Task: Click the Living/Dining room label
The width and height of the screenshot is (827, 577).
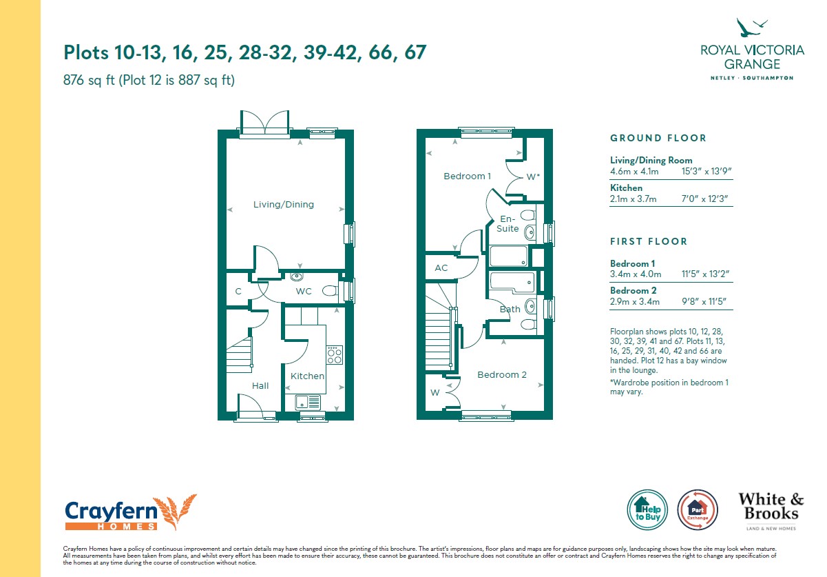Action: click(284, 205)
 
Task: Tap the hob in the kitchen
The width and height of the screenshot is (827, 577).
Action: click(334, 355)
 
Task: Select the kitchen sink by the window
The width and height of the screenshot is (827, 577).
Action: click(308, 402)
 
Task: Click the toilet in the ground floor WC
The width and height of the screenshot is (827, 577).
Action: click(330, 291)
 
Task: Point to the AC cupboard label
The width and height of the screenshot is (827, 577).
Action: click(441, 267)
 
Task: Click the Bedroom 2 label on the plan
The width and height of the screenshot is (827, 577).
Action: click(502, 375)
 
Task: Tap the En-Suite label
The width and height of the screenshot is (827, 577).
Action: click(507, 223)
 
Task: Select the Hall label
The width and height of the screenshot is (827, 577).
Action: click(260, 386)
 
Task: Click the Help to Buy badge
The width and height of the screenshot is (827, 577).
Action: click(647, 509)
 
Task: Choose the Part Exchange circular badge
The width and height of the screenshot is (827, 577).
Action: click(698, 509)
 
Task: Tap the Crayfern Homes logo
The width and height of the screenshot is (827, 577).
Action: click(130, 513)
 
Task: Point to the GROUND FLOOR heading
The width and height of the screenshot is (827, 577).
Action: click(658, 139)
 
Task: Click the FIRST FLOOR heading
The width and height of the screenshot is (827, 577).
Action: click(648, 242)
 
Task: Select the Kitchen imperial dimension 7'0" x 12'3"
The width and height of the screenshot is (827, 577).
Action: click(704, 199)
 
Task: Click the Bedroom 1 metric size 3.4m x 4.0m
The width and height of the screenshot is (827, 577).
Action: click(636, 274)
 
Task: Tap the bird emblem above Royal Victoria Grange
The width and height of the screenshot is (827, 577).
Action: click(751, 28)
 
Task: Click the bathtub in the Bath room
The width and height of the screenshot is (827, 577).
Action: click(512, 283)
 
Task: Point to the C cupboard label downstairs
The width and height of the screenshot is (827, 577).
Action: click(238, 292)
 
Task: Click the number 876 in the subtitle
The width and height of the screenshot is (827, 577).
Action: click(74, 80)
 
